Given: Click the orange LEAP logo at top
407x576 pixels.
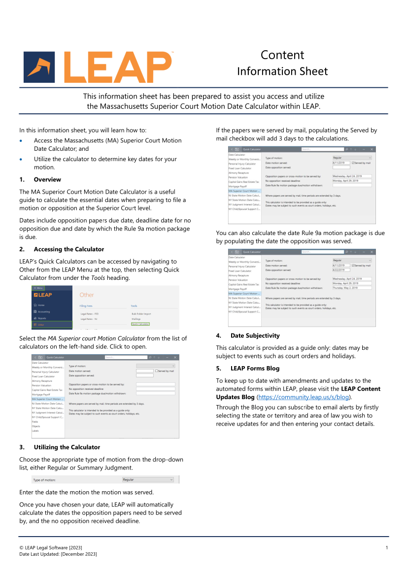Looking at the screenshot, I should tap(98, 67).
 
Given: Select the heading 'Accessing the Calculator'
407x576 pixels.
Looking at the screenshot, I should tap(69, 249).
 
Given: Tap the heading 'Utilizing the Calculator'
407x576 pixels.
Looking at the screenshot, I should tap(67, 447).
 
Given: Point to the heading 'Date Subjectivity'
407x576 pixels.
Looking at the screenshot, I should tap(255, 336).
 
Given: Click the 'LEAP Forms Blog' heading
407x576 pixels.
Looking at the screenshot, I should tap(255, 368).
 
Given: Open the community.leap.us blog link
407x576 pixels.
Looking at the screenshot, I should tap(303, 397).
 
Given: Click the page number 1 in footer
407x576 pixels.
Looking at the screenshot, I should tap(387, 548).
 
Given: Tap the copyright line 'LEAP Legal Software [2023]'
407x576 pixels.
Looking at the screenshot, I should tap(51, 548).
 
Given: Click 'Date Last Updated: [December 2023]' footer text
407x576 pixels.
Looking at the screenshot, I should tap(58, 554).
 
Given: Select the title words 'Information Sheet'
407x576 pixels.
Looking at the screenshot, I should tap(282, 71).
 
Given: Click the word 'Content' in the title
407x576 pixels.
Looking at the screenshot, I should tap(282, 55).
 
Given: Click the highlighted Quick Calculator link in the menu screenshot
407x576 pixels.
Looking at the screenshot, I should tap(140, 324).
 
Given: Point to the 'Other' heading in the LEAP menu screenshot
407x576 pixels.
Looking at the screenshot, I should tap(87, 295).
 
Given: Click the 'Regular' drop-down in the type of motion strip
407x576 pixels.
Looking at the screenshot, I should tap(148, 479).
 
